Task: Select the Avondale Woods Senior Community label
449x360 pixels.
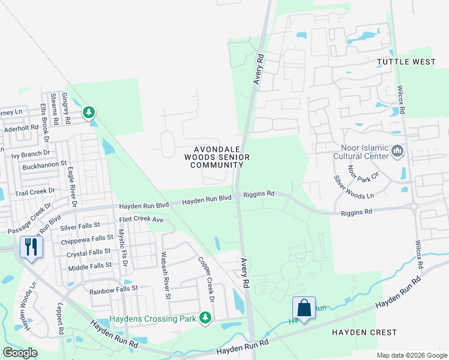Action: coord(217,157)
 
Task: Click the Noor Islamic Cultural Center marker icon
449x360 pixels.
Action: coord(397,151)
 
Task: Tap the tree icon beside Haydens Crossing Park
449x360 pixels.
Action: coord(205,317)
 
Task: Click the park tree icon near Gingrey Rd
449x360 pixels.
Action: coord(89,112)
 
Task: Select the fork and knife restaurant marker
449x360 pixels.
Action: coord(31,247)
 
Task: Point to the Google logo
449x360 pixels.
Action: coord(20,353)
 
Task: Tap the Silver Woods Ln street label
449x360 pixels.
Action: coord(353,187)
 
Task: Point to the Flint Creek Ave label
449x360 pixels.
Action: coord(141,220)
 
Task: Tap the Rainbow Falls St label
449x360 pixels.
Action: coord(113,289)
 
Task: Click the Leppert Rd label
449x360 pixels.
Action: coord(60,322)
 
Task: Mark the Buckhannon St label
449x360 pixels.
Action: coord(44,164)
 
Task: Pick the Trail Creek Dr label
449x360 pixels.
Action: coord(35,193)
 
